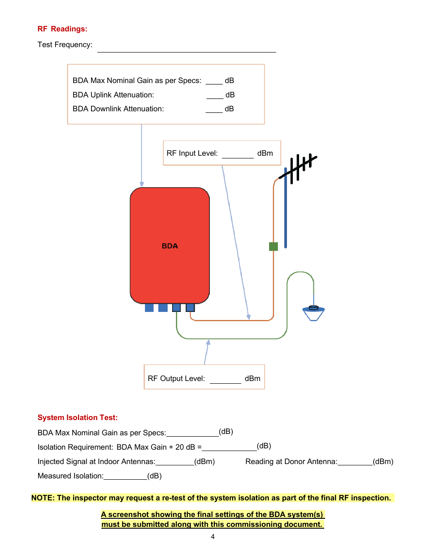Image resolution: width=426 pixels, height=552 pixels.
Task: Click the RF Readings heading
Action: (x=62, y=29)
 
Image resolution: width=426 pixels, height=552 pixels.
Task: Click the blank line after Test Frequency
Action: (x=187, y=48)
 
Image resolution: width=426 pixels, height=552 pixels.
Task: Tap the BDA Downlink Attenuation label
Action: (x=118, y=109)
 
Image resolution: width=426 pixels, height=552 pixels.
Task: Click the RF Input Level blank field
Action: (x=238, y=154)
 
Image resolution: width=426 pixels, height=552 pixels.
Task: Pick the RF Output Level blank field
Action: (x=225, y=379)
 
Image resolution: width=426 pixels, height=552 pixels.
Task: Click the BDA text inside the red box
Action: (x=170, y=246)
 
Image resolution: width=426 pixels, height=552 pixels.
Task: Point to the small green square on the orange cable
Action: (x=273, y=246)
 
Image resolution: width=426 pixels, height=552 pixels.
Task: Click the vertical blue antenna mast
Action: (x=285, y=211)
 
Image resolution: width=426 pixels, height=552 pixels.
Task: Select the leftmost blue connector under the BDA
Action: (x=149, y=308)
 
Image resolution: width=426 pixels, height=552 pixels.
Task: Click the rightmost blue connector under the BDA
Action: (x=190, y=308)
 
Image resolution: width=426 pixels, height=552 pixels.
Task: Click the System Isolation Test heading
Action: (x=78, y=417)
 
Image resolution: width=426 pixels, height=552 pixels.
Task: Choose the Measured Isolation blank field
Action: (x=125, y=477)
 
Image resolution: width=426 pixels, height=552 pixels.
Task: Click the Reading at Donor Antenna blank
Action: (x=355, y=462)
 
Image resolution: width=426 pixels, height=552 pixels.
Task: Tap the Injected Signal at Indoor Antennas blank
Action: (x=174, y=462)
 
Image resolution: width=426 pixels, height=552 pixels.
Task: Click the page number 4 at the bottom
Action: (x=213, y=537)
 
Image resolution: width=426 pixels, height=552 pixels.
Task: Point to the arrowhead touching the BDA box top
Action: (x=142, y=184)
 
